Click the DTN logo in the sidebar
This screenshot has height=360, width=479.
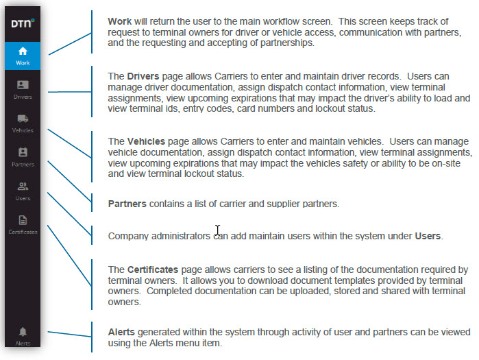point(23,23)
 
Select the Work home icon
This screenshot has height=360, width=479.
point(23,51)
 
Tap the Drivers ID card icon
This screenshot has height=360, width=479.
point(23,84)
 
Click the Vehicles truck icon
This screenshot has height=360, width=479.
point(23,119)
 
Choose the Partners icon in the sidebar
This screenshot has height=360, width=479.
point(23,152)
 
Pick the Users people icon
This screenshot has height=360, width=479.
point(23,186)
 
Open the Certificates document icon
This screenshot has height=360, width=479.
point(23,220)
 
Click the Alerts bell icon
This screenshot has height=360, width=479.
point(23,331)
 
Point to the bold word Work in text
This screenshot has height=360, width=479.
point(119,21)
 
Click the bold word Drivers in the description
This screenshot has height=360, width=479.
point(143,76)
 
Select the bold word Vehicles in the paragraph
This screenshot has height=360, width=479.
point(146,141)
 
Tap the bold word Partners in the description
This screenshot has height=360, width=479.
point(127,204)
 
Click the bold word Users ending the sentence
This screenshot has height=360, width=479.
point(428,236)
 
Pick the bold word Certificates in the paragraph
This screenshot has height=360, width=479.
point(153,269)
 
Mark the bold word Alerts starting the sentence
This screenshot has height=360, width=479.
point(121,332)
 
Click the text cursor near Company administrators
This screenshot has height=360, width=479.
point(217,230)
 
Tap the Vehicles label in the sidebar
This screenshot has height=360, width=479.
point(23,130)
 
